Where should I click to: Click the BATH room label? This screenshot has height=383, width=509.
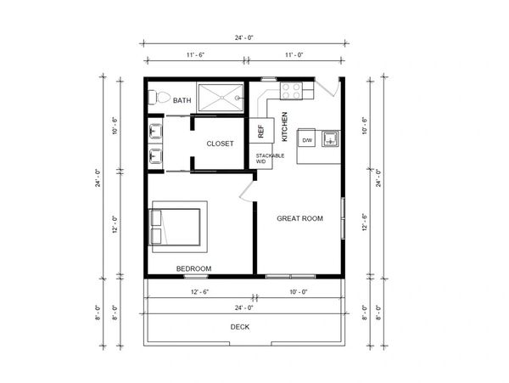(182, 100)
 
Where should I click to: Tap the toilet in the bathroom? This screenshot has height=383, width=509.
(159, 97)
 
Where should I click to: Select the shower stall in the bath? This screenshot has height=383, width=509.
(221, 98)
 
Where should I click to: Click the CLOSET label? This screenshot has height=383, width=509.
(220, 144)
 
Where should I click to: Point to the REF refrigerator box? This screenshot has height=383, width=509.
(261, 131)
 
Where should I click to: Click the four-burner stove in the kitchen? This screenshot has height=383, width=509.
(291, 91)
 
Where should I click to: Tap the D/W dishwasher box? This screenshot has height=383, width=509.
(306, 140)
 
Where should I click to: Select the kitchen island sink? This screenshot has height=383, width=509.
(331, 138)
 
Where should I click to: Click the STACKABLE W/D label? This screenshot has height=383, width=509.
(270, 158)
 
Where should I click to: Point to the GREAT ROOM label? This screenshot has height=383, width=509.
(299, 218)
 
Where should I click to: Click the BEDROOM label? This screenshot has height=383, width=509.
(193, 268)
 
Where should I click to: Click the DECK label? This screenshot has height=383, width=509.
(240, 327)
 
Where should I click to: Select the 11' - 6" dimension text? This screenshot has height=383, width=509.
(195, 55)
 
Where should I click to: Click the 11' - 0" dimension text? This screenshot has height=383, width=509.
(294, 55)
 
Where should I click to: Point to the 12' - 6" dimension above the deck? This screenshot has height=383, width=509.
(199, 292)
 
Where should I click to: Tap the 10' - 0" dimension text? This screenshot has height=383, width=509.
(299, 292)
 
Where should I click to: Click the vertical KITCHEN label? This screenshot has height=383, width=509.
(285, 127)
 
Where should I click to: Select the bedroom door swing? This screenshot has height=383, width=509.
(247, 191)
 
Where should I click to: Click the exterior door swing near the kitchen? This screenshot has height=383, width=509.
(327, 87)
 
